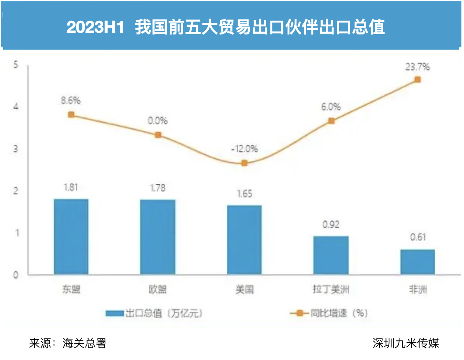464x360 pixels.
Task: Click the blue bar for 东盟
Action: tap(71, 237)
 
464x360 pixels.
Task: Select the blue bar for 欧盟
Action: tap(158, 237)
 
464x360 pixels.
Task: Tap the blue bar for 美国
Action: tap(244, 240)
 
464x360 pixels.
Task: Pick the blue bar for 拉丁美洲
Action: tap(331, 255)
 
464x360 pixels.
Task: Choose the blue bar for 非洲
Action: tap(417, 262)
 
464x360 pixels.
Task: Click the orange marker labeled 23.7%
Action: tap(417, 79)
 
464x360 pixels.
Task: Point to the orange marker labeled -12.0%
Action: tap(244, 163)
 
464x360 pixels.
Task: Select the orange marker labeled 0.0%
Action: tap(158, 135)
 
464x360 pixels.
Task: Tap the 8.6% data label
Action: tap(71, 101)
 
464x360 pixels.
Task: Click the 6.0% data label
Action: tap(331, 107)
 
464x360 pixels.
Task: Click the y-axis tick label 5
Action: tap(16, 65)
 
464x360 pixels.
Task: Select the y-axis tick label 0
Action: tap(16, 275)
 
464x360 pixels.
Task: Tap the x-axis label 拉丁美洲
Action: tap(331, 290)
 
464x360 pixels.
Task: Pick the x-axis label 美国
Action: tap(244, 290)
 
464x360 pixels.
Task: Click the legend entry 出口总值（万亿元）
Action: tap(155, 313)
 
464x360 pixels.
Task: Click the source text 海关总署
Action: tap(84, 344)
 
